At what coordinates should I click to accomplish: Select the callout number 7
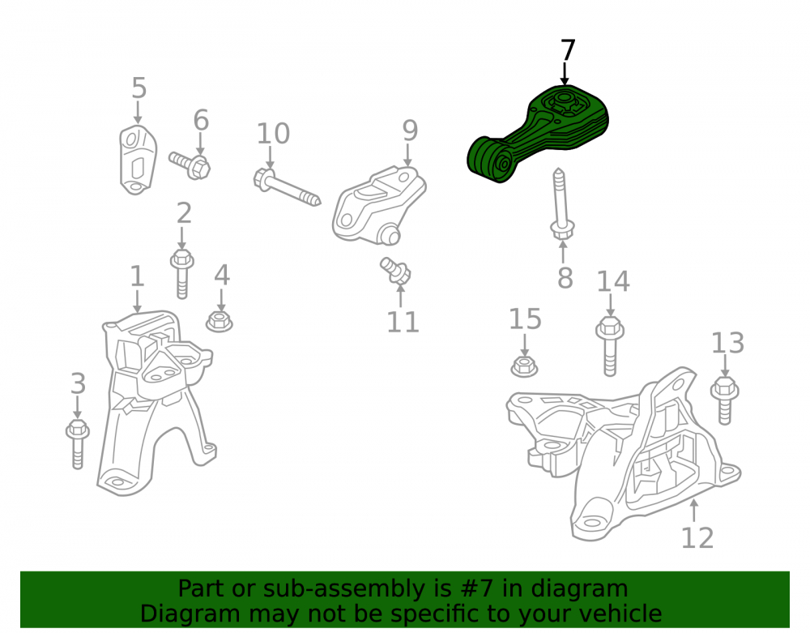[567, 50]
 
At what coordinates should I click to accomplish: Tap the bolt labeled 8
[561, 203]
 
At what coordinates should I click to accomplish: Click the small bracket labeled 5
[138, 160]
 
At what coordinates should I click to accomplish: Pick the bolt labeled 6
[190, 165]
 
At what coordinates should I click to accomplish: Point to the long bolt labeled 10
[287, 187]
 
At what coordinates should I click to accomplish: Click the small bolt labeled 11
[396, 271]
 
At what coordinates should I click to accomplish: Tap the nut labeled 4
[219, 322]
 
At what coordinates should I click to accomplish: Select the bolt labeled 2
[181, 274]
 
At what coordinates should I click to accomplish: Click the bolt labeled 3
[78, 444]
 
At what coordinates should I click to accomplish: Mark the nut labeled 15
[524, 366]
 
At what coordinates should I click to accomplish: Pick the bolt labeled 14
[610, 346]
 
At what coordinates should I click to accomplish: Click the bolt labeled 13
[725, 401]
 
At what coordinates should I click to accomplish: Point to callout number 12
[697, 538]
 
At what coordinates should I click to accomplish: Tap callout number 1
[136, 276]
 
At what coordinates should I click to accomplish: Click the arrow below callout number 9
[408, 155]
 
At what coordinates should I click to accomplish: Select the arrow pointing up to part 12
[694, 511]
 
